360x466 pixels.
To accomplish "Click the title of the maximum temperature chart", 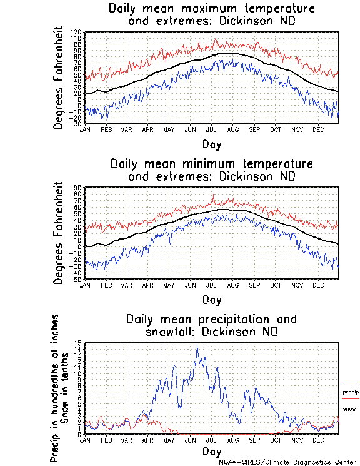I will point(211,15).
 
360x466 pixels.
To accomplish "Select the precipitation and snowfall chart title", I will point(211,325).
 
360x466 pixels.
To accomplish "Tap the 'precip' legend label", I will point(351,392).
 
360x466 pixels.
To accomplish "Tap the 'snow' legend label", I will point(349,409).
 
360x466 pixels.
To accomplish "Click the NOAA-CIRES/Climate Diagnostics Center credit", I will point(287,462).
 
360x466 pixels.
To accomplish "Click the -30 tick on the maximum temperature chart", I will point(76,124).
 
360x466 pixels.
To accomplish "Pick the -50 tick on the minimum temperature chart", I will point(76,279).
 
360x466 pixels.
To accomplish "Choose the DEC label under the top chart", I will point(318,129).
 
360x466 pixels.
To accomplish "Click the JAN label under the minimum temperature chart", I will point(85,285).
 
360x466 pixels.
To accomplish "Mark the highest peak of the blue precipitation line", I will point(197,345).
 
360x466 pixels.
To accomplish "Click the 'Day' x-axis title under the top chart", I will point(211,144).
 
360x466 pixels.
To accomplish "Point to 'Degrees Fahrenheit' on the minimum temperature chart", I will point(59,233).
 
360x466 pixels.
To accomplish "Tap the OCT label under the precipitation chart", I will point(276,440).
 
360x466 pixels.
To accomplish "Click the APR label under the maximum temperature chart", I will point(147,129).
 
